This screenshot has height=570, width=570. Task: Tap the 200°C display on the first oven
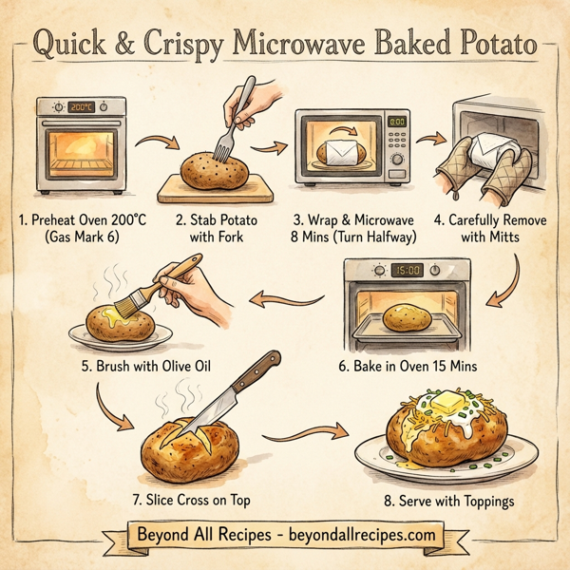(84, 108)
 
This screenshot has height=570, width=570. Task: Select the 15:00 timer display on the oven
(406, 270)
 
